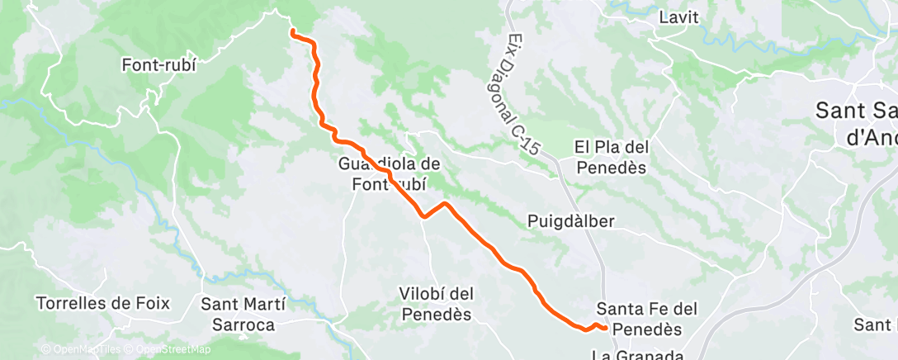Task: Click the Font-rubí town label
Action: point(158,64)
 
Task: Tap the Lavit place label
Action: point(678,17)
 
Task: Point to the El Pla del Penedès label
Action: point(612,157)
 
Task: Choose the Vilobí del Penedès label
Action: point(436,304)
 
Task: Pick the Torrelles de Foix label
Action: point(103,303)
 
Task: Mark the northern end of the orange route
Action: point(293,32)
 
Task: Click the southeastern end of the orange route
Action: point(607,328)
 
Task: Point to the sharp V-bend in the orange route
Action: point(424,216)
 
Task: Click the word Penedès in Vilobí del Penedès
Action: point(436,315)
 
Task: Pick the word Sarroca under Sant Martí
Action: point(243,324)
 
